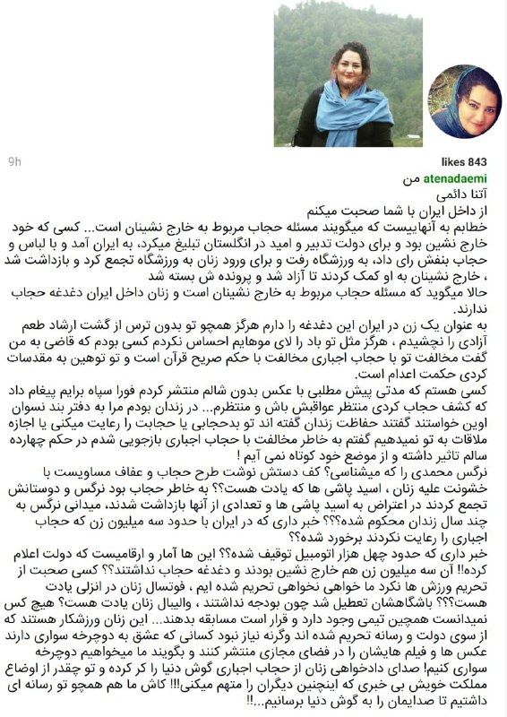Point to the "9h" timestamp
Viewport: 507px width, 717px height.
(x=14, y=162)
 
